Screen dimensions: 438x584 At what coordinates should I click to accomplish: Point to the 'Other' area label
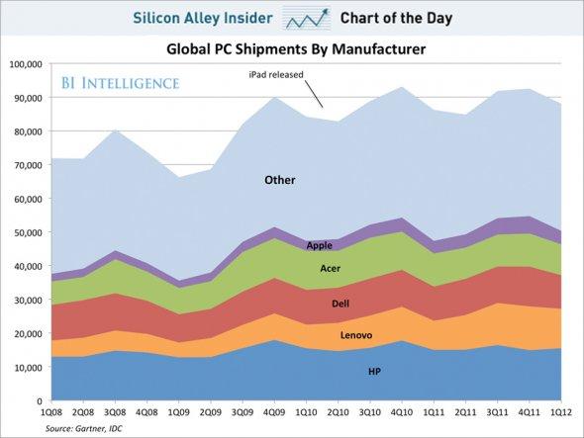(279, 180)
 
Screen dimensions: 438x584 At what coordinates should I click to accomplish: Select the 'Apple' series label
(319, 245)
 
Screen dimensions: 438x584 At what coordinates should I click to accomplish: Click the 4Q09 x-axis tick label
(274, 410)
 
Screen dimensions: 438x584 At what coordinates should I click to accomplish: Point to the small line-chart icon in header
(307, 18)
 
